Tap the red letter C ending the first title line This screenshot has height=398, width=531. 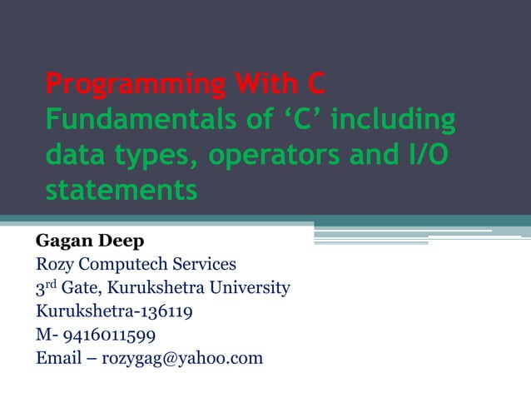[x=315, y=85]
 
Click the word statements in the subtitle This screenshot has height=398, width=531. [x=121, y=191]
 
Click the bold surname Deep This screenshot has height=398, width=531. [x=122, y=241]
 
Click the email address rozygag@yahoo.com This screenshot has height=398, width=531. [x=181, y=359]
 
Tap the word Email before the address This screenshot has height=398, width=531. [x=58, y=359]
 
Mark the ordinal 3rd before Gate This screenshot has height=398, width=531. [x=45, y=289]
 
